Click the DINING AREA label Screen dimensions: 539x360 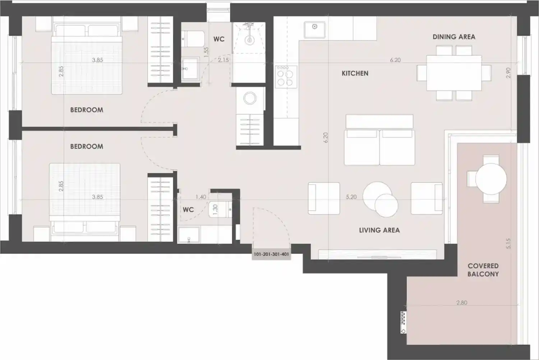tap(454, 37)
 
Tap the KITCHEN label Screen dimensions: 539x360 tap(355, 73)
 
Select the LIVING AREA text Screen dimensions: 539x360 tap(379, 230)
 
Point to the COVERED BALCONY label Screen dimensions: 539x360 tap(483, 270)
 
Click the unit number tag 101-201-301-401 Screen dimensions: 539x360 tap(271, 254)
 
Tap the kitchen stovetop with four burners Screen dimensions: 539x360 tap(286, 77)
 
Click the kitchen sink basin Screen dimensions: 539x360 tap(314, 29)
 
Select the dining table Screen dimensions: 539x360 tap(454, 73)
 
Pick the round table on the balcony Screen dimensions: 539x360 tap(491, 179)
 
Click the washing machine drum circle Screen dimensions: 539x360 tap(250, 98)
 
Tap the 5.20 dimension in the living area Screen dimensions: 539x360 tap(351, 197)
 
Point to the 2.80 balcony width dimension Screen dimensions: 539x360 tap(462, 303)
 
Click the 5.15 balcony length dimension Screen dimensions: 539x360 tap(508, 243)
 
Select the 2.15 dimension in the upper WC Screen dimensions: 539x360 tap(223, 60)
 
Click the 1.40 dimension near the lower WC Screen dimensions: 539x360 tap(201, 197)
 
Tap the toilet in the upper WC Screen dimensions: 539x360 tap(193, 39)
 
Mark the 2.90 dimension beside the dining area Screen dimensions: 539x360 tap(508, 73)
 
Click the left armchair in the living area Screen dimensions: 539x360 tap(324, 198)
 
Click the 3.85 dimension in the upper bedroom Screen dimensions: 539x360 tap(97, 60)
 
